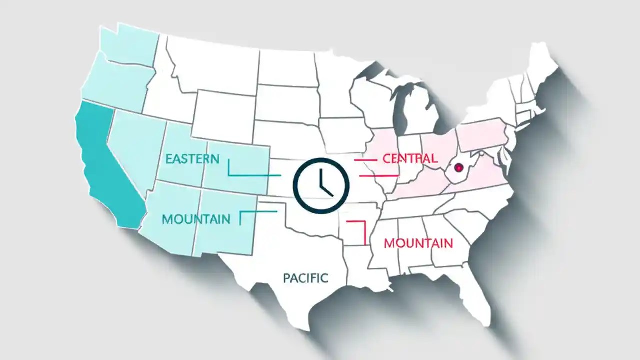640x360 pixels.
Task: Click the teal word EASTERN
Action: (192, 159)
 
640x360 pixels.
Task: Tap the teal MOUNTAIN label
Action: (196, 219)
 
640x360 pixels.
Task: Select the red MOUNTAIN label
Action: (418, 243)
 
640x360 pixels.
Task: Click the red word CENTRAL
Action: (410, 158)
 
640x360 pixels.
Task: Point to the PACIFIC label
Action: (305, 278)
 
